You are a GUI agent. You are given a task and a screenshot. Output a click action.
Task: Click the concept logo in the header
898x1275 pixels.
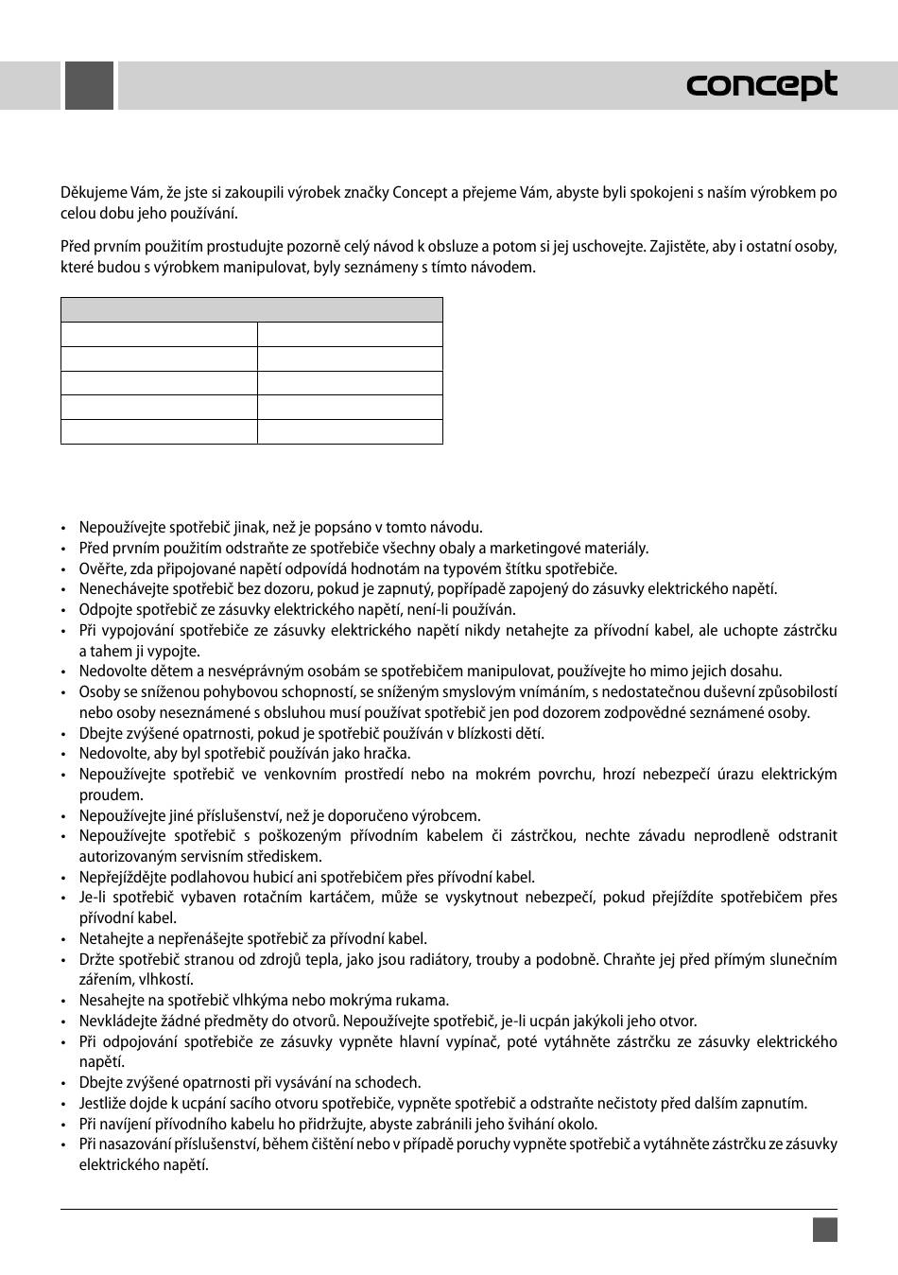pos(761,85)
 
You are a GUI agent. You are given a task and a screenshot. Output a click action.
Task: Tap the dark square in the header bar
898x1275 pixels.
pos(89,85)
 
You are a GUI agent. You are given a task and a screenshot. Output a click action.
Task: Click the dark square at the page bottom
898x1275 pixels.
pos(824,1229)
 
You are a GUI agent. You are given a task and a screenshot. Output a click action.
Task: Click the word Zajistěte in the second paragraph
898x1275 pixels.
pos(680,247)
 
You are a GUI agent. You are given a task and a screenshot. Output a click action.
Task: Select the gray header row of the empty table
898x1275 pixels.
pos(251,309)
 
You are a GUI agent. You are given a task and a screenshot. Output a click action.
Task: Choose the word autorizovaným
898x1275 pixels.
pos(125,857)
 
